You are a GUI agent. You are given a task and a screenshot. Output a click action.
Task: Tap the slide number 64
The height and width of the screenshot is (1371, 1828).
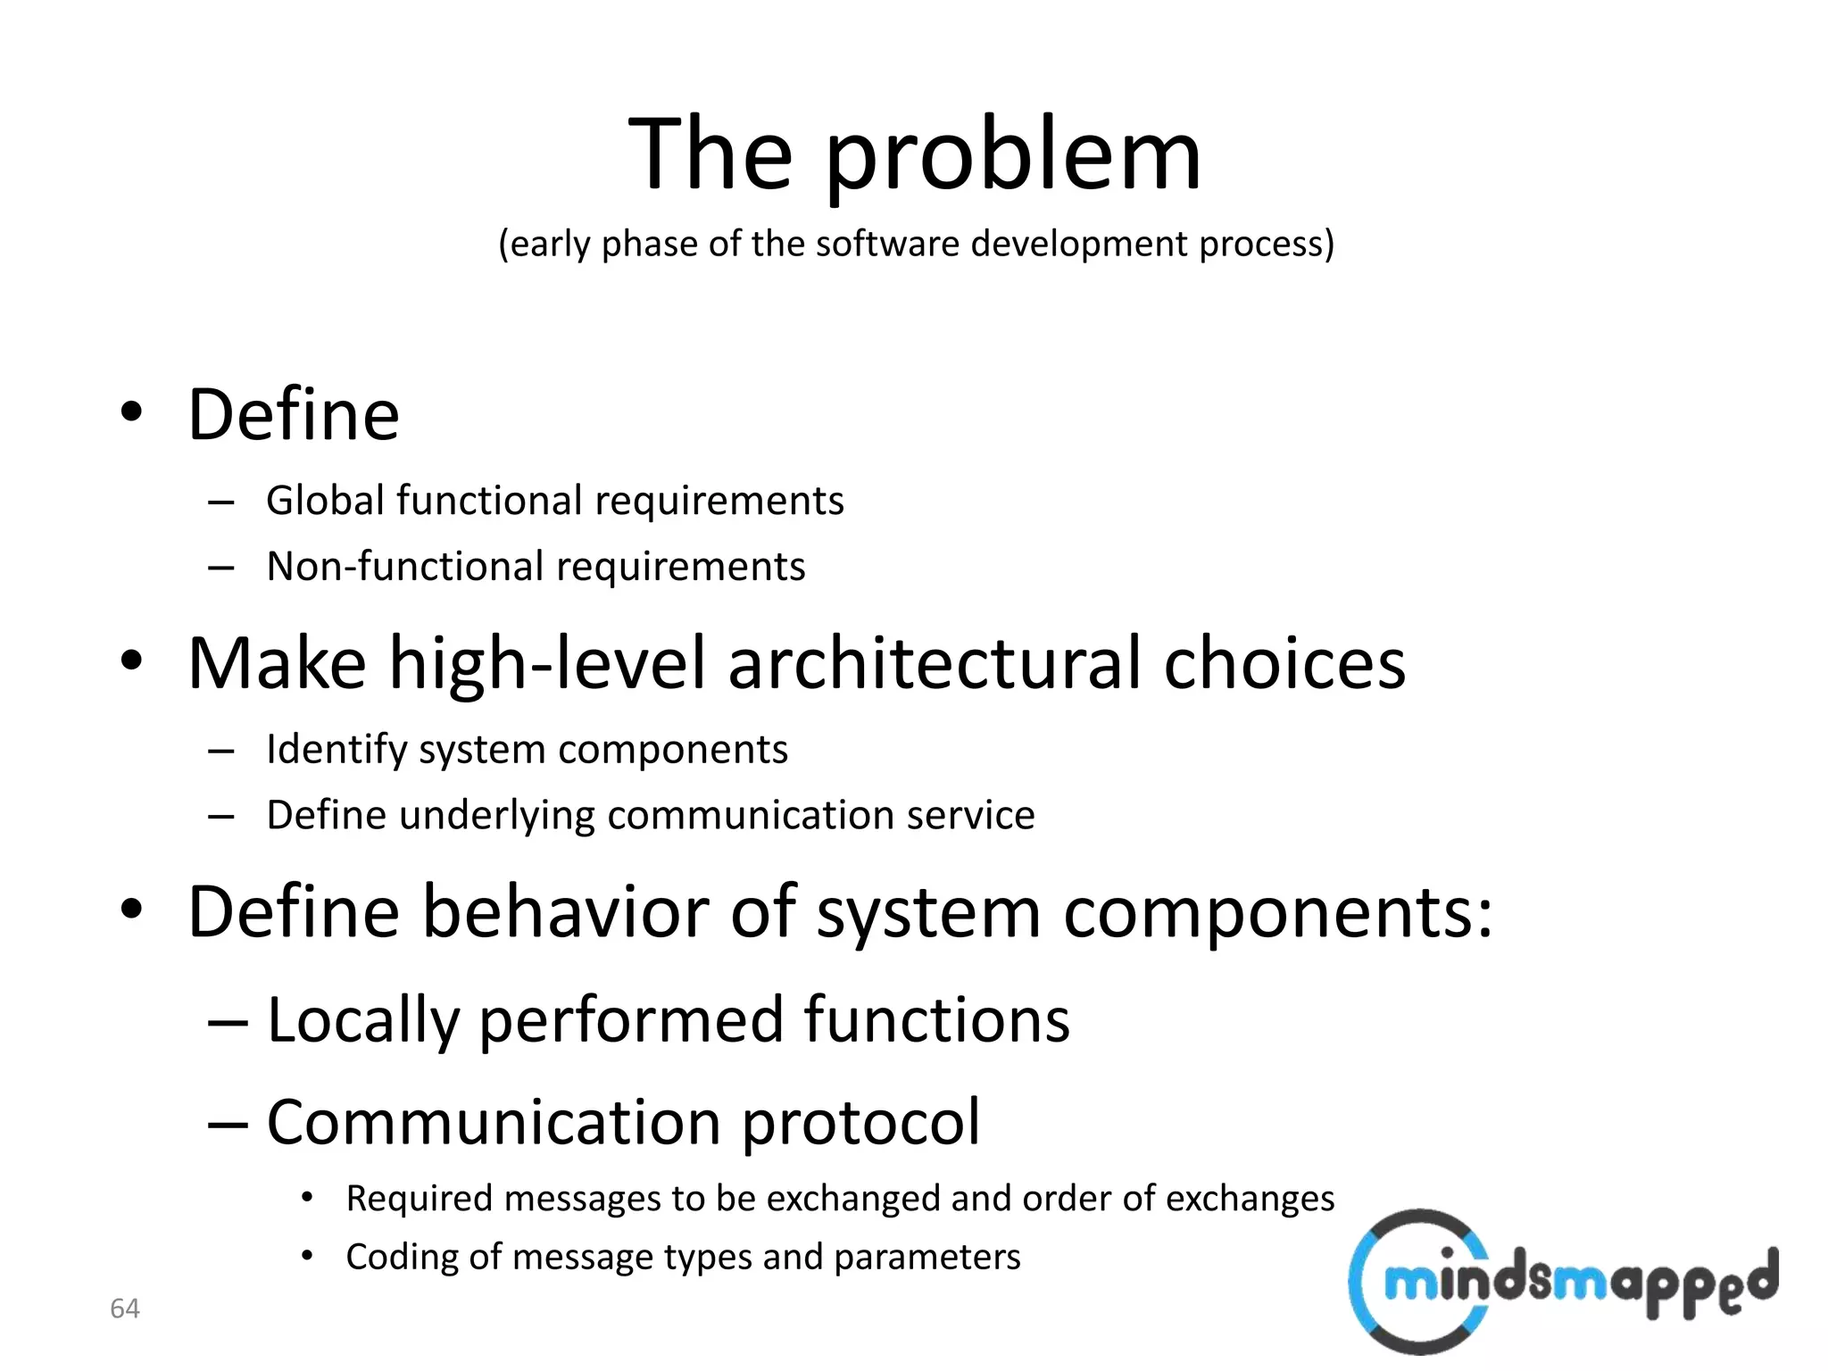pos(125,1309)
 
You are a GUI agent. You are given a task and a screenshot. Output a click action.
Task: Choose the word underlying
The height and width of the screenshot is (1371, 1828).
pos(496,816)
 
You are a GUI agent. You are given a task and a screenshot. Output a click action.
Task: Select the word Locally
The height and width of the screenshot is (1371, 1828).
pos(362,1020)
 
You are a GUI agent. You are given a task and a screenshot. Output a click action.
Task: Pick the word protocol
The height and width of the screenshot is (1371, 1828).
pos(860,1123)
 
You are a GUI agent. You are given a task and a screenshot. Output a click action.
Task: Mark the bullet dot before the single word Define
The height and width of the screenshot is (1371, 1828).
pos(131,412)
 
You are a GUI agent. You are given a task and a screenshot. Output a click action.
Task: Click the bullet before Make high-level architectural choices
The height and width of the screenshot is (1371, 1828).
pos(131,661)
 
